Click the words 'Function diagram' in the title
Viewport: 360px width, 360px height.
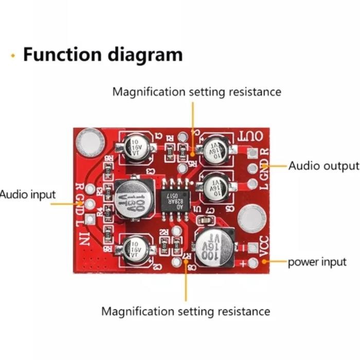[x=102, y=54]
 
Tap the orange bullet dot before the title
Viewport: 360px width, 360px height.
[x=13, y=55]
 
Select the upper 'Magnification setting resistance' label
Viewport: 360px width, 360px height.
[x=196, y=92]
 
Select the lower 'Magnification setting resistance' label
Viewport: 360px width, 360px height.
[x=185, y=311]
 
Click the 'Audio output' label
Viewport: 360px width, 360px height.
[x=323, y=166]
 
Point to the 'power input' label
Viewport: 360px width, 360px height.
[x=317, y=262]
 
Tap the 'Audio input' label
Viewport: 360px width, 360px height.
[x=27, y=195]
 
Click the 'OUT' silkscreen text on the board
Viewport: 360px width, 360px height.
[x=251, y=137]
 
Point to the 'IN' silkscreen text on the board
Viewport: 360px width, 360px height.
[x=84, y=239]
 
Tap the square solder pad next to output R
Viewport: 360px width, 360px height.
[x=252, y=154]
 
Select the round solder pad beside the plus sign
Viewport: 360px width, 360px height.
[x=253, y=263]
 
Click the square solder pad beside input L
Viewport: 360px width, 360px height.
[x=91, y=220]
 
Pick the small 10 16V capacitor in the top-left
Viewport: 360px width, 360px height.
[x=135, y=147]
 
